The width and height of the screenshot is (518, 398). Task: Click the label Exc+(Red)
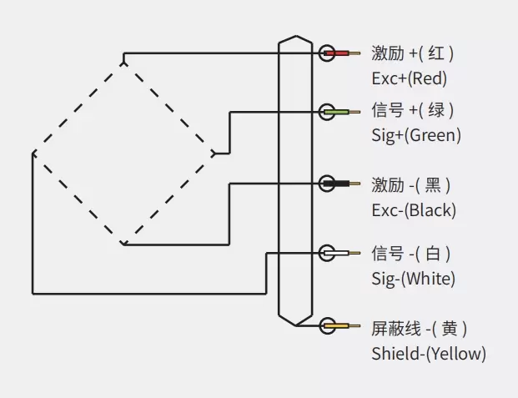pos(409,79)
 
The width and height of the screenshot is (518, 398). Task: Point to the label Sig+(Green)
pos(415,135)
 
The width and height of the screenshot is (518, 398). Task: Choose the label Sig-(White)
pos(413,279)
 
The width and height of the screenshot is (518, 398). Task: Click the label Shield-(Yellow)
pos(428,354)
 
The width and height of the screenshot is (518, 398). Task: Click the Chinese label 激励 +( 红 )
pos(413,54)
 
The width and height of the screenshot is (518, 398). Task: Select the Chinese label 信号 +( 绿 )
pos(413,110)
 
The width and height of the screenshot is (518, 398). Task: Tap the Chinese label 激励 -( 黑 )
pos(413,184)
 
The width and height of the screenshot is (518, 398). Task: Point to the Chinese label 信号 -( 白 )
pos(413,253)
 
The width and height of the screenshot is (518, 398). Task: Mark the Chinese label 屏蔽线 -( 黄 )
pos(419,328)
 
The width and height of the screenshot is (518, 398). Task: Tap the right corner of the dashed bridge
pos(215,153)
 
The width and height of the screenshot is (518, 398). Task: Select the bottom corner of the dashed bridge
pos(123,244)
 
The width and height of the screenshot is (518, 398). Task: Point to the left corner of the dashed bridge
pos(33,153)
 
